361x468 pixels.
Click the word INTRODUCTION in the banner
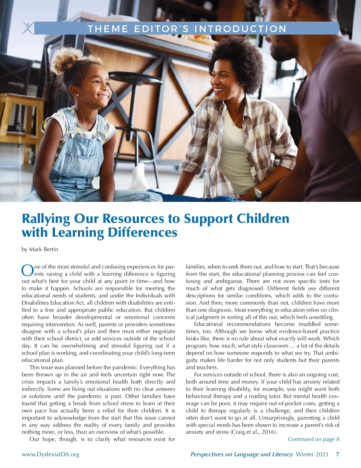(240, 29)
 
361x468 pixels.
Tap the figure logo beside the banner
(28, 28)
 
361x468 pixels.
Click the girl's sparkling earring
(78, 94)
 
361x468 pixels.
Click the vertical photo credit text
(20, 150)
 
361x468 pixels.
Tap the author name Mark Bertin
(43, 249)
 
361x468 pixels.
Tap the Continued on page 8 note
(313, 439)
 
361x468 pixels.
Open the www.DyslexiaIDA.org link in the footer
(50, 454)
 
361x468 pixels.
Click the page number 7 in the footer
(338, 454)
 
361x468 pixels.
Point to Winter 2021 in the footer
(312, 454)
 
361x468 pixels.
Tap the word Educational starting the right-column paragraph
(208, 324)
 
